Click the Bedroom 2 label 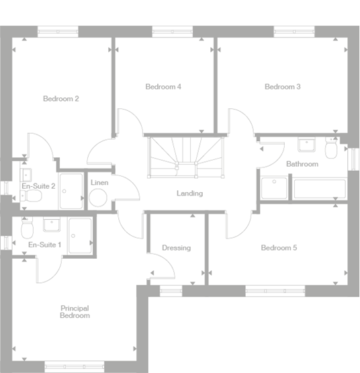(61, 99)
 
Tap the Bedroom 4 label (163, 87)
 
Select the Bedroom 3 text (282, 87)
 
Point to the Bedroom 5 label (279, 248)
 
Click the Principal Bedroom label (74, 312)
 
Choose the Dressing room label (176, 248)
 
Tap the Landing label (189, 194)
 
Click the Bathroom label (302, 164)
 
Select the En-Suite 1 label (44, 245)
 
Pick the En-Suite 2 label (38, 185)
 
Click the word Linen (99, 183)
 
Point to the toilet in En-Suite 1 (28, 230)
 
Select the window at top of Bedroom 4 (173, 31)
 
